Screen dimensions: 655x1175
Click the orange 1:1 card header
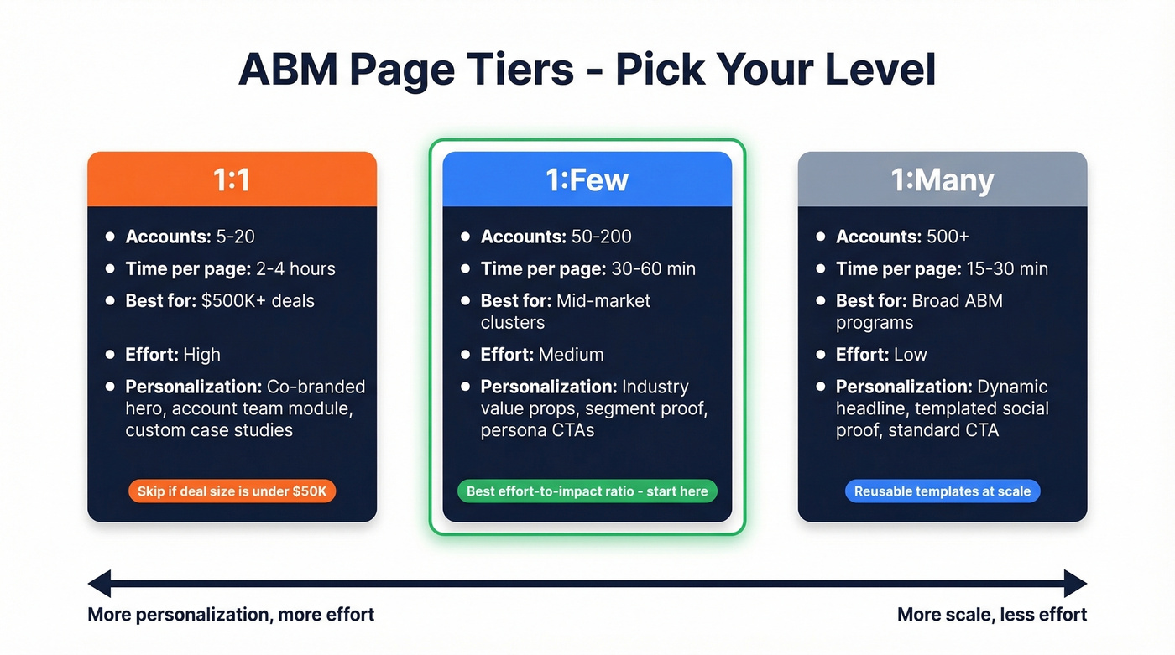point(232,179)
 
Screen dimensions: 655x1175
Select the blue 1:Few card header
point(587,179)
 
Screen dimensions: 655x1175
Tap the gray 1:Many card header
point(942,179)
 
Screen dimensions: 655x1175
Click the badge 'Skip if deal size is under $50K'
point(232,491)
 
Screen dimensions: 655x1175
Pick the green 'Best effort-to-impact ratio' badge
point(587,491)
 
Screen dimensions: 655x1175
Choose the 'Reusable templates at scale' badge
point(942,491)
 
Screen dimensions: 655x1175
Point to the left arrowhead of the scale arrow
point(100,583)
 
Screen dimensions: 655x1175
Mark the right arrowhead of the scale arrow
point(1075,583)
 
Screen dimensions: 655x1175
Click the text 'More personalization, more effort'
point(231,615)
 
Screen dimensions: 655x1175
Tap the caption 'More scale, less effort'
point(991,615)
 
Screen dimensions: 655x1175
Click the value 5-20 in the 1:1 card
point(235,237)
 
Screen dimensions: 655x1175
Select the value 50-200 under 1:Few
point(600,237)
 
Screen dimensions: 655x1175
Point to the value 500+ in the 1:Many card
point(948,237)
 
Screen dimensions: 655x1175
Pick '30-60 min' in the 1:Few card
point(654,268)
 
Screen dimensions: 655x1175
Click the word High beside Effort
point(201,355)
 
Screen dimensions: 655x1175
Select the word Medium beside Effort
point(571,355)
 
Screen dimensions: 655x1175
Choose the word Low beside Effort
point(910,355)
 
